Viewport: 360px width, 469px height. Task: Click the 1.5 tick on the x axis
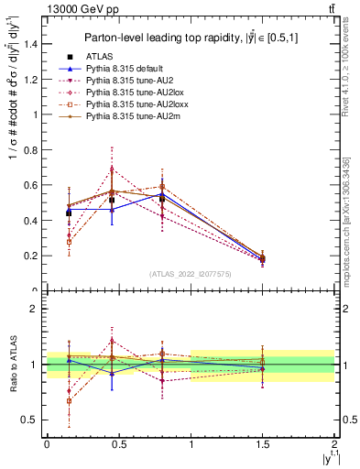[263, 442]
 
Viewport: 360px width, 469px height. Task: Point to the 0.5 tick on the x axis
[119, 442]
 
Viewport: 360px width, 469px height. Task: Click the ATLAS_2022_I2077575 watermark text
[190, 273]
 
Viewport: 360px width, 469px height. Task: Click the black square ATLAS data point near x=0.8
[162, 199]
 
